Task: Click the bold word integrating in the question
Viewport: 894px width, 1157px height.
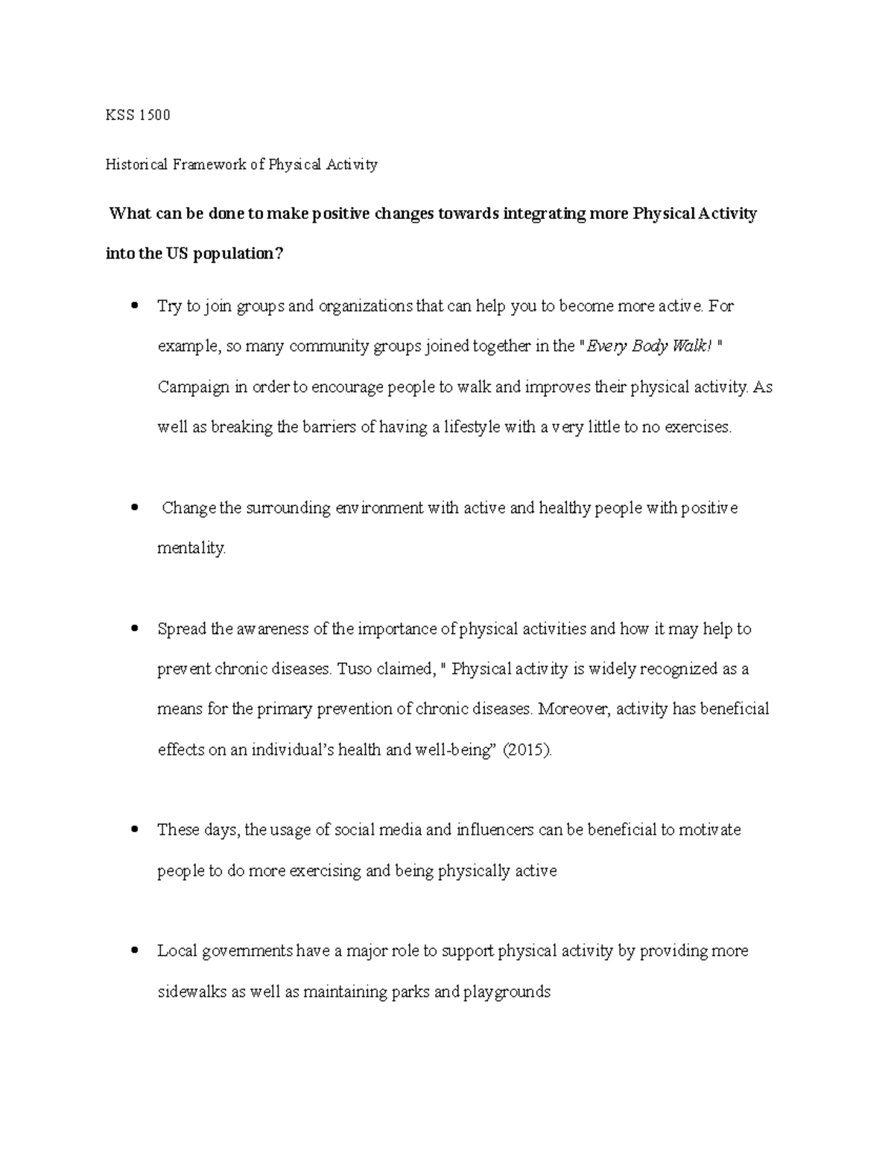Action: (x=545, y=215)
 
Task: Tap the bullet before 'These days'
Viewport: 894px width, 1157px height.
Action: (x=134, y=828)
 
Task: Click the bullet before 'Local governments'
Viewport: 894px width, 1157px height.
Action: (x=134, y=950)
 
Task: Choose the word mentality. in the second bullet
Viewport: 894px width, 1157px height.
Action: (x=191, y=548)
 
